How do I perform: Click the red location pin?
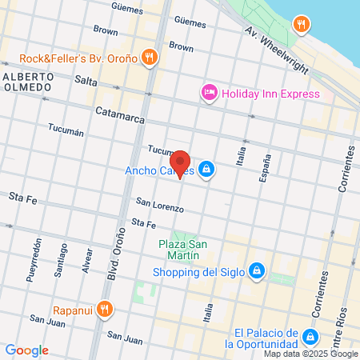[181, 162]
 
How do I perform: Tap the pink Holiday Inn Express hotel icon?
[209, 94]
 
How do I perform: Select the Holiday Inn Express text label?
[270, 94]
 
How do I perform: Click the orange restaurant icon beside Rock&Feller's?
[149, 57]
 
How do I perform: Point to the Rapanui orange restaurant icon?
[104, 309]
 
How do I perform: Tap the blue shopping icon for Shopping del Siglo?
[256, 270]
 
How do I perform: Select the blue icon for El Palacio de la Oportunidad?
[313, 338]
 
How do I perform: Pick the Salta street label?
[85, 80]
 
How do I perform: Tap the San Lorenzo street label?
[159, 204]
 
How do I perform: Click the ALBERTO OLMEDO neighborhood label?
[28, 82]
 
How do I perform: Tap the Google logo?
[26, 350]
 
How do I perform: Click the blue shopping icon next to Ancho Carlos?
[207, 169]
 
